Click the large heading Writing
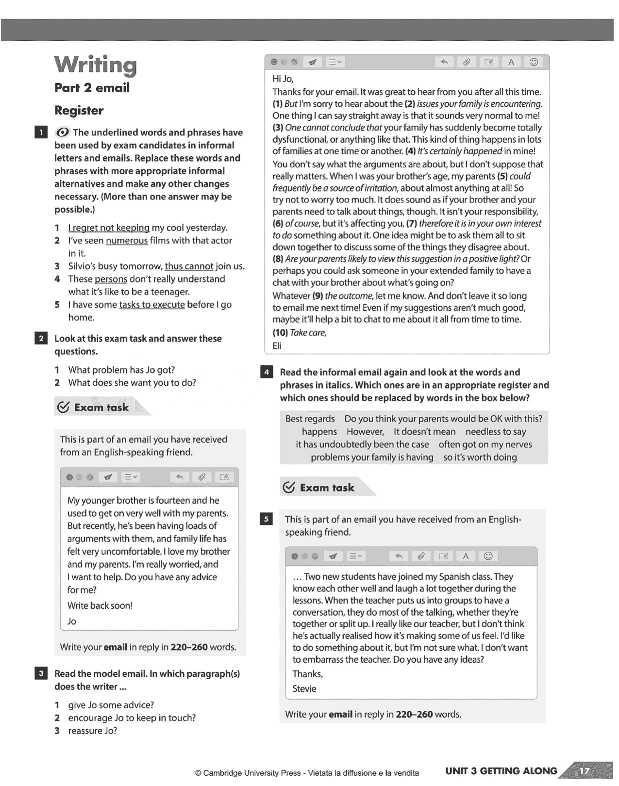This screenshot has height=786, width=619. pos(96,65)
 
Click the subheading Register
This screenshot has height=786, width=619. pos(79,111)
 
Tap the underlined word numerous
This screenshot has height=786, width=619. pos(127,241)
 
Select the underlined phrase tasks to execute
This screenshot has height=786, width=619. pos(152,305)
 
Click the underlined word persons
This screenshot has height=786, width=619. pos(111,279)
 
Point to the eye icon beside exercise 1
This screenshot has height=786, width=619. pos(62,132)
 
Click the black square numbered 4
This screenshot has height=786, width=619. pos(266,373)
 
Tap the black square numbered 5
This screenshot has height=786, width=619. pos(266,520)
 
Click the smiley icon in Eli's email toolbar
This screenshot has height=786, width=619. pos(534,62)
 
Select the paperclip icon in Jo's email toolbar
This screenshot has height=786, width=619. pos(201,477)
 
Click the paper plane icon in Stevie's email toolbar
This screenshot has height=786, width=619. pos(333,556)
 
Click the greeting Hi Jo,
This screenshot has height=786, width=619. pos(283,79)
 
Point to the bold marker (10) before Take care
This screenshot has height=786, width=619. pos(280,333)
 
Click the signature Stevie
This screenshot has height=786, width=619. pos(304,688)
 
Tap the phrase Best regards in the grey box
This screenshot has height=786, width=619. pos(310,419)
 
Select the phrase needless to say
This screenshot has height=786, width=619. pos(495,432)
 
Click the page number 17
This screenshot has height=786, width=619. pos(585,771)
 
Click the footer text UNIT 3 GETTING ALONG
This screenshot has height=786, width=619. pos(501,771)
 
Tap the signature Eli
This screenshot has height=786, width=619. pos(277,346)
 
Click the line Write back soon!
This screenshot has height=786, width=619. pos(100,606)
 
